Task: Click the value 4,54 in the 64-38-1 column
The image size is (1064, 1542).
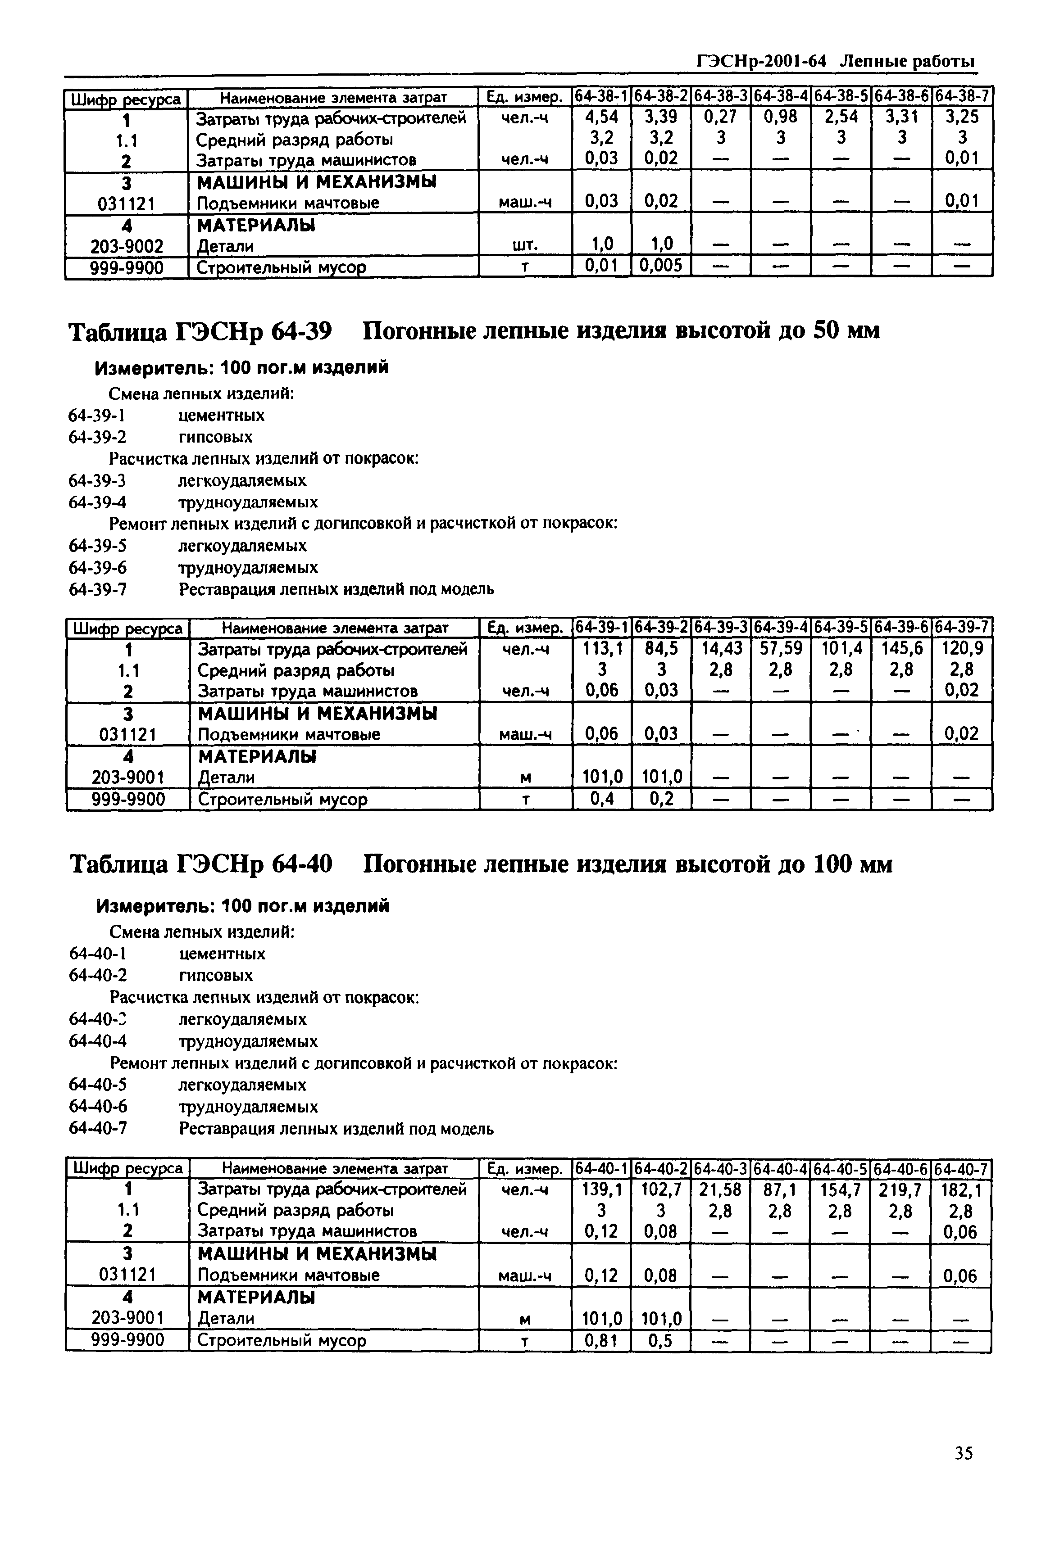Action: click(x=601, y=118)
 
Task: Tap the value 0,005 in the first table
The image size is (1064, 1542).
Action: click(x=661, y=267)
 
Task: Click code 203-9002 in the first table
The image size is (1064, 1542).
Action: click(x=127, y=247)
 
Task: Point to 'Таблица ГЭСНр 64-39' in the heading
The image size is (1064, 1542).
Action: click(x=200, y=330)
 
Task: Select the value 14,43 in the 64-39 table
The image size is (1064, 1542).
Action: click(x=722, y=648)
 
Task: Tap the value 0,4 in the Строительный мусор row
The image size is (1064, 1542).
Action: click(x=602, y=798)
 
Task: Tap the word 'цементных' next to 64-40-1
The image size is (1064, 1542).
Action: click(x=222, y=954)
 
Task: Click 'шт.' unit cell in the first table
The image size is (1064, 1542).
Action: click(x=525, y=246)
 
